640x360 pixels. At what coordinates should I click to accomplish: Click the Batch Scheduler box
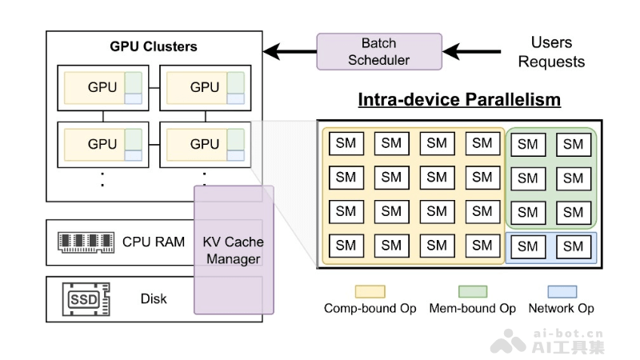tap(379, 51)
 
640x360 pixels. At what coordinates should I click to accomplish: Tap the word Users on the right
tap(551, 42)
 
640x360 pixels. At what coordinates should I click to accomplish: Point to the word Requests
tap(551, 62)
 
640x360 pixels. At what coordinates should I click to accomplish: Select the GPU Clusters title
tap(154, 46)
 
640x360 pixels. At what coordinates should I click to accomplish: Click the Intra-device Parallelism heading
tap(459, 100)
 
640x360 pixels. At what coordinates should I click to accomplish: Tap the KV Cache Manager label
tap(233, 250)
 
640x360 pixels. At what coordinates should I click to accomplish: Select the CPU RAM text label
tap(154, 242)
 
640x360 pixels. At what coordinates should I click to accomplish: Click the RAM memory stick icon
tap(86, 242)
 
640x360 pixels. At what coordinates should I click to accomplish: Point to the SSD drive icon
tap(86, 298)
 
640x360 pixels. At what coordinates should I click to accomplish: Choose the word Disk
tap(154, 298)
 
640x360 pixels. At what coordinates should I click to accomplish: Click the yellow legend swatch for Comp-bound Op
tap(370, 291)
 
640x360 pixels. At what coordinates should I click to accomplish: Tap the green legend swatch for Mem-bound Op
tap(472, 291)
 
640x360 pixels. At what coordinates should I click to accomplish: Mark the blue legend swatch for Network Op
tap(562, 291)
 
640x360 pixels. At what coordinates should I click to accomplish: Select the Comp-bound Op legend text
tap(370, 308)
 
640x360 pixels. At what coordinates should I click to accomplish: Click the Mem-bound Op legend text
tap(472, 308)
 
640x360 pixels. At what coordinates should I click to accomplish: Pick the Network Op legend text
tap(562, 308)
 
